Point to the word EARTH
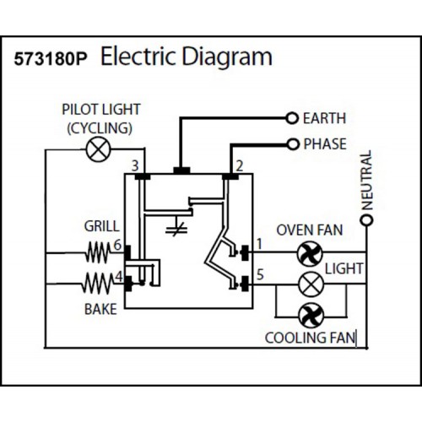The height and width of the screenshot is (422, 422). pos(325,117)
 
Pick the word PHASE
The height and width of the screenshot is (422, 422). pos(325,143)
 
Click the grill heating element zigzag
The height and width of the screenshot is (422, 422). pos(99,251)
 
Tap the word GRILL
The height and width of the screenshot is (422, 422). pos(101,226)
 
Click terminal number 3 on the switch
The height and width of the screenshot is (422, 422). pos(134,165)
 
